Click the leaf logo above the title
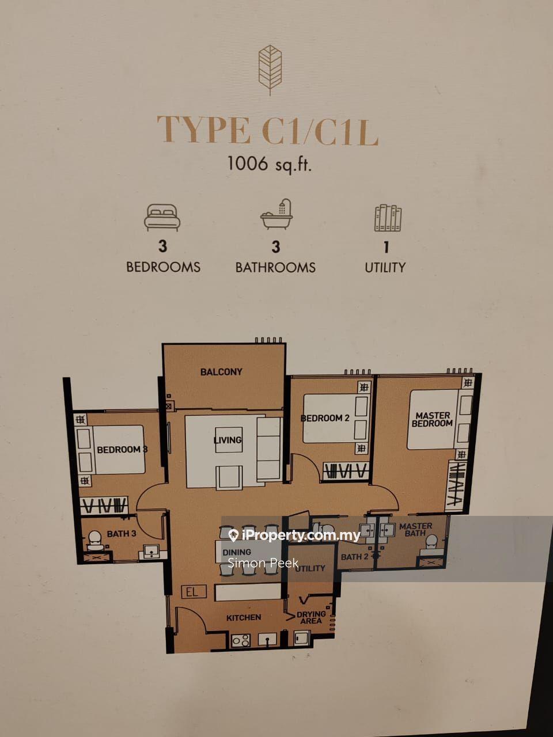pos(270,71)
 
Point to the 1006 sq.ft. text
pos(270,165)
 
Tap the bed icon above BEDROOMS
pos(162,218)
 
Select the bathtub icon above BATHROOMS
pos(276,215)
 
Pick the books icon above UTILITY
pos(388,218)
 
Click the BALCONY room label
pos(221,372)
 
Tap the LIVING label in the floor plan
pos(228,440)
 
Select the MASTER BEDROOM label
pos(433,420)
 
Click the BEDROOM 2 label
pos(325,418)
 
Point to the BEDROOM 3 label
pos(122,450)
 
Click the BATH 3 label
pos(122,533)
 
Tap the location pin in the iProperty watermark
pos(233,535)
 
